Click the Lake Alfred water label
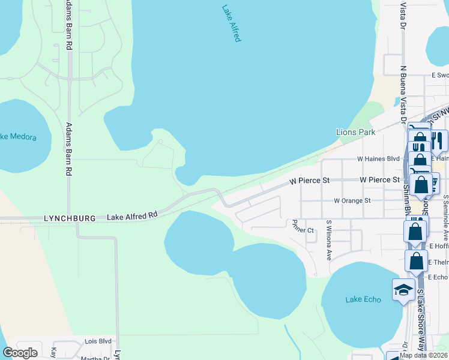(x=231, y=23)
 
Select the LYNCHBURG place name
(x=70, y=219)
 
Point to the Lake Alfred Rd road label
(x=132, y=215)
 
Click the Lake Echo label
(x=363, y=299)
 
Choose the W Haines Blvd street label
(x=378, y=159)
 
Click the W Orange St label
(x=352, y=200)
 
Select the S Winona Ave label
(x=329, y=240)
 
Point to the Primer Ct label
(x=303, y=230)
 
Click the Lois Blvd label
(x=98, y=341)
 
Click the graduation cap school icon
(x=403, y=290)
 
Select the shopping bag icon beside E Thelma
(x=416, y=261)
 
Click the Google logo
(x=20, y=353)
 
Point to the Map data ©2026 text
(x=424, y=355)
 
